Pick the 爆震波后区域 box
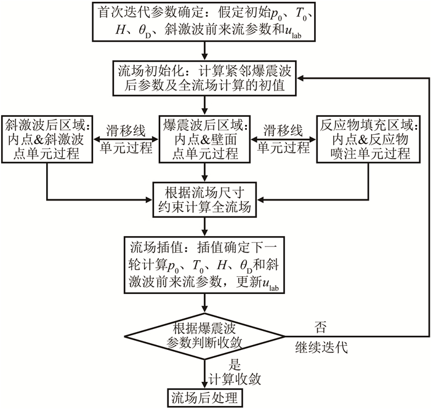[x=204, y=138]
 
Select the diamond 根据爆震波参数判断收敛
[x=204, y=336]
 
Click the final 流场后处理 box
[x=204, y=396]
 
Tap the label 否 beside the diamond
[x=320, y=324]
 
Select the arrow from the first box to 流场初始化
[x=204, y=52]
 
